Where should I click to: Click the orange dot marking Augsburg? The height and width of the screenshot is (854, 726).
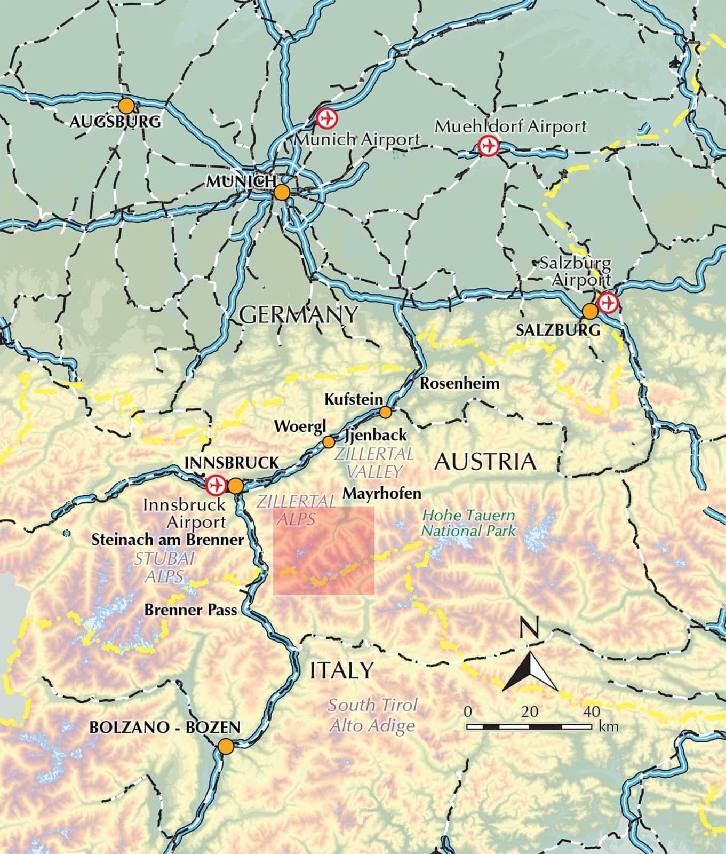pos(126,105)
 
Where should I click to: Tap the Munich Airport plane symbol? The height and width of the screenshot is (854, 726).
pos(325,118)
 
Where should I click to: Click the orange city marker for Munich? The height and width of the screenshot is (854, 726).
pos(282,193)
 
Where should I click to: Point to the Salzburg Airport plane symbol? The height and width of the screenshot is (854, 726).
pos(608,302)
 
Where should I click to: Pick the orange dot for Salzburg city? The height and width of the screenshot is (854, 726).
pos(590,311)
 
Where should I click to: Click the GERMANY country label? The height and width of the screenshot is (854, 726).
pos(298,314)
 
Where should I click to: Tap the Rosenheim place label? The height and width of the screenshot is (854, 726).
pos(460,383)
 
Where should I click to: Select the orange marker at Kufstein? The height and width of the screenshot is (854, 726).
pos(386,412)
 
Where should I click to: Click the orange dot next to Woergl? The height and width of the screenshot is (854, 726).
pos(329,442)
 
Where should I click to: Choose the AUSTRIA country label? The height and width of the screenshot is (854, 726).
pos(484,461)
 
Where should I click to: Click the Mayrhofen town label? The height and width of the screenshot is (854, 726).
pos(381,493)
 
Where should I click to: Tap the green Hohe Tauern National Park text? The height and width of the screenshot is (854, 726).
pos(469,523)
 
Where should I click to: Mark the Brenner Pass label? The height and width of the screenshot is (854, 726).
pos(190,610)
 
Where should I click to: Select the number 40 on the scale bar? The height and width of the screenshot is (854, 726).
pos(592,711)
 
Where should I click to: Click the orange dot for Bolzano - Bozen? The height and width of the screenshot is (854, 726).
pos(226,746)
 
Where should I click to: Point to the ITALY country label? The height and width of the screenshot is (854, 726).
pos(341,670)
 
